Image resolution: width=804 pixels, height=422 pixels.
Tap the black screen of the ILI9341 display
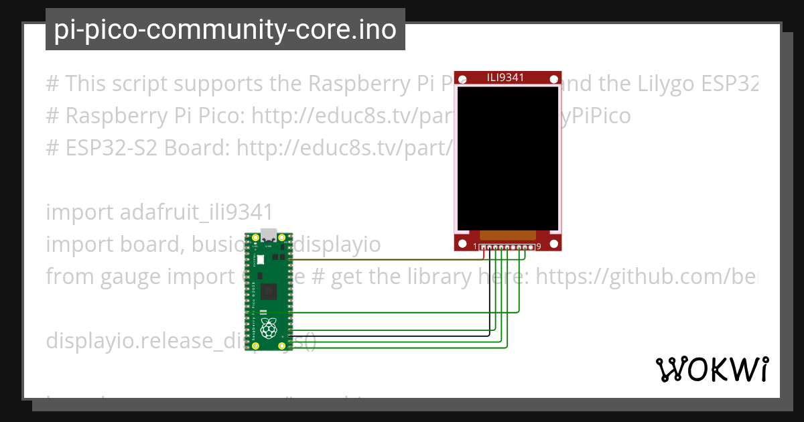tap(507, 157)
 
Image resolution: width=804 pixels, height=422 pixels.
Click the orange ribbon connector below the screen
tap(508, 235)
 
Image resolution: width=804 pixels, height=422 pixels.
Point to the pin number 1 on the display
tap(475, 247)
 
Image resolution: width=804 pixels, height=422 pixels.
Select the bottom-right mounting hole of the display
tap(554, 242)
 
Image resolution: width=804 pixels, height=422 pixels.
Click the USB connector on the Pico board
tap(269, 234)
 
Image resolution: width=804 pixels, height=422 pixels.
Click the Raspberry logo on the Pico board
tap(269, 328)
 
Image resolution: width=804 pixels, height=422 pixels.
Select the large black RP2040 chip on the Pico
tap(270, 291)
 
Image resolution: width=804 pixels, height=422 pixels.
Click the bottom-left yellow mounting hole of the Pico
tap(255, 346)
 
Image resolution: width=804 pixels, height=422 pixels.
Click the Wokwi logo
tap(711, 369)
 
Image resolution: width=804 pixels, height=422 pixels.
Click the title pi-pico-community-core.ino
tap(225, 29)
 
